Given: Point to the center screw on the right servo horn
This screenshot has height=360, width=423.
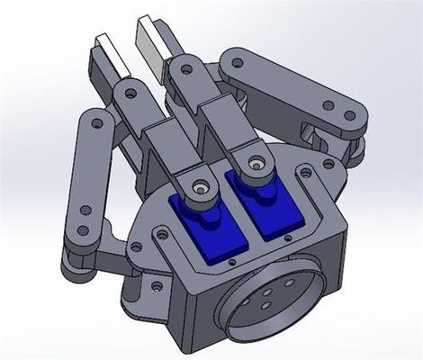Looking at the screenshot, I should click(256, 164).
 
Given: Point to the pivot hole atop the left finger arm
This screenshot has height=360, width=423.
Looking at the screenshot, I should click(131, 92).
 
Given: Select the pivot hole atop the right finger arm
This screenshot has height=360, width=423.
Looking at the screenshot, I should click(181, 68).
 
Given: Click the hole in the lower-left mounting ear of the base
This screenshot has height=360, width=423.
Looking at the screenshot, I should click(154, 288).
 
